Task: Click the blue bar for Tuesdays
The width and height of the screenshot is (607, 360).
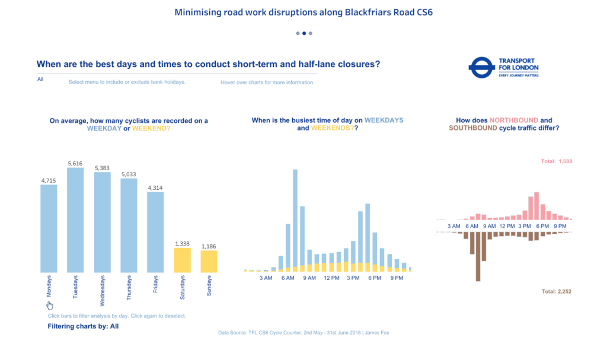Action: [75, 220]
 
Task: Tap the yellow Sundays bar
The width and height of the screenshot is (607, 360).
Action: [209, 262]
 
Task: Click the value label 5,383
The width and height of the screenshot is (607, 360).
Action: [103, 168]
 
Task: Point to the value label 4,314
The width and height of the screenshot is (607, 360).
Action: [155, 188]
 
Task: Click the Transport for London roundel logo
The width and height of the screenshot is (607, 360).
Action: [481, 68]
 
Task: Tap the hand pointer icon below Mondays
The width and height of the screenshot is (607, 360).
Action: [50, 305]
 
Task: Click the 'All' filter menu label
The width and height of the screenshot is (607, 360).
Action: [40, 79]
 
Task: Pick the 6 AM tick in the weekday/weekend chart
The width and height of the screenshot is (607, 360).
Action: [288, 278]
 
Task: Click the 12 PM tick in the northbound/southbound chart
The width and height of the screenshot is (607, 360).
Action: [507, 226]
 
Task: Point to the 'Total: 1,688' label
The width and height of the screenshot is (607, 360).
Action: [556, 161]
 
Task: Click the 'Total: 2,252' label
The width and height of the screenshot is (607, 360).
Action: [556, 292]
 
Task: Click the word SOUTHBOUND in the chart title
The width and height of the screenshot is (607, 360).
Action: [472, 128]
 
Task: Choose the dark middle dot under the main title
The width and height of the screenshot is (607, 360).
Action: [303, 33]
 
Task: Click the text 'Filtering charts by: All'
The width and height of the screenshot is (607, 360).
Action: [83, 326]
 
